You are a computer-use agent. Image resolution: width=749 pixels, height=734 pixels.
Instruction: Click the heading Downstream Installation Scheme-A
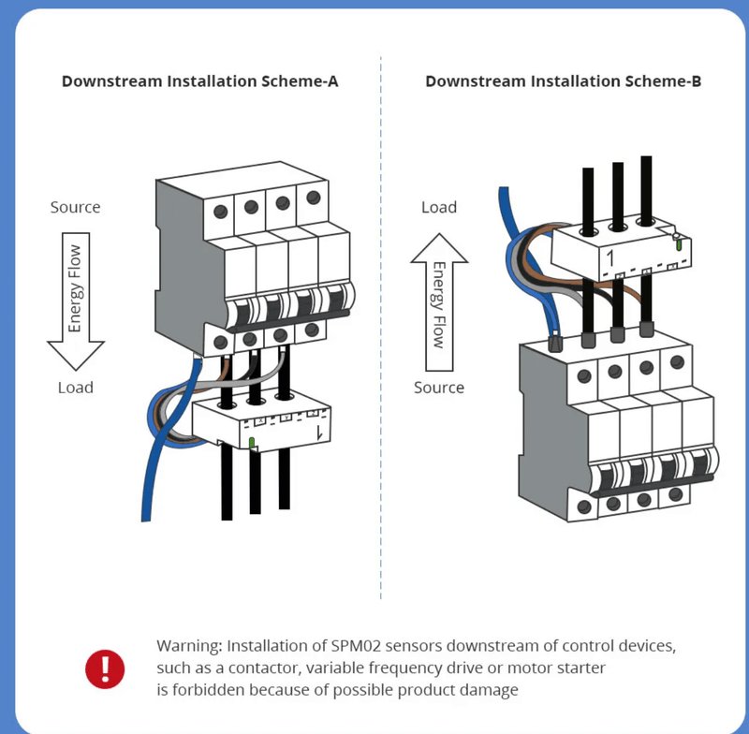tap(199, 81)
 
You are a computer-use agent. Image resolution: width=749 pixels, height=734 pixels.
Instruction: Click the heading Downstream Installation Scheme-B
tap(563, 81)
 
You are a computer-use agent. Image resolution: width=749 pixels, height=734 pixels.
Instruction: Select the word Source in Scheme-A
tap(75, 207)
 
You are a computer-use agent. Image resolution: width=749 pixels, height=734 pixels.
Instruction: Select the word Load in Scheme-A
tap(75, 387)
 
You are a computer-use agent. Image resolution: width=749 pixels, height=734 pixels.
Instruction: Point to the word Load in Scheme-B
tap(438, 207)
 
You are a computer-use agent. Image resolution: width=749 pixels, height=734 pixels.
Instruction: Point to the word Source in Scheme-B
tap(438, 387)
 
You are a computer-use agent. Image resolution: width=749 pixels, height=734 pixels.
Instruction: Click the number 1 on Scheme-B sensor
tap(609, 257)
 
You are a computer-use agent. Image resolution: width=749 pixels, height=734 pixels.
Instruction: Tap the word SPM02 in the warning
tap(354, 647)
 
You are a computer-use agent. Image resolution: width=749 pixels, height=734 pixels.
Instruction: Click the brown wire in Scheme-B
tap(646, 300)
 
